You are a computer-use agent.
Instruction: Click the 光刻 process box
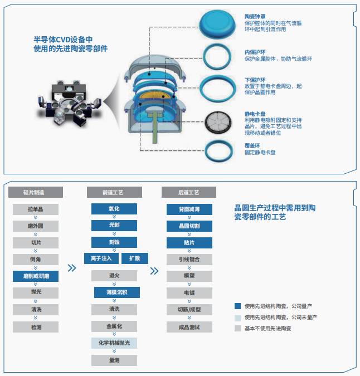[114, 226]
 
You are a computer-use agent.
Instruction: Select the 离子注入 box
[101, 258]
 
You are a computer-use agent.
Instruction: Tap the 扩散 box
[135, 258]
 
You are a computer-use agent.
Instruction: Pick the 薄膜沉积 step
[117, 292]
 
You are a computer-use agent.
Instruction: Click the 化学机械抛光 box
[114, 343]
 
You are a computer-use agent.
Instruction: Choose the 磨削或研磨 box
[36, 276]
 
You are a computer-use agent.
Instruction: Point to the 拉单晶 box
[36, 209]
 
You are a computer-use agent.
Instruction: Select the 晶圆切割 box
[189, 226]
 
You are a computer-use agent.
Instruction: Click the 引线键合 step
[189, 259]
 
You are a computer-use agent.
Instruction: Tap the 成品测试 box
[189, 327]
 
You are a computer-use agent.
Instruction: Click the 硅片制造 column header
[36, 192]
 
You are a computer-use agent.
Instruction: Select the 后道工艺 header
[189, 192]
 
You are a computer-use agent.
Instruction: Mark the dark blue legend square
[237, 306]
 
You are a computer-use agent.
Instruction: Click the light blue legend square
[237, 318]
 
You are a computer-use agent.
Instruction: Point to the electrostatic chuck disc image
[218, 123]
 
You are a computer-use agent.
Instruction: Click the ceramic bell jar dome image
[217, 23]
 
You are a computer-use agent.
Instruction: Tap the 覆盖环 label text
[252, 145]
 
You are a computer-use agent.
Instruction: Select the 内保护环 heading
[255, 52]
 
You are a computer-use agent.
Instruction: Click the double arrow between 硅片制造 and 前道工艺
[72, 268]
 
